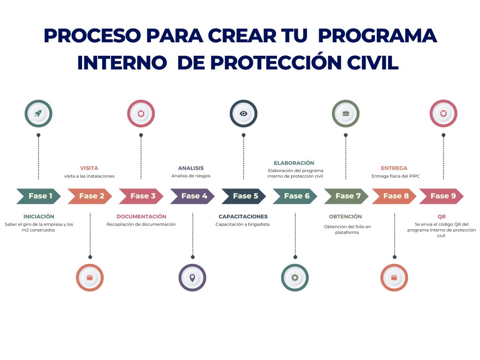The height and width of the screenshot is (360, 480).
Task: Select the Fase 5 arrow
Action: [243, 196]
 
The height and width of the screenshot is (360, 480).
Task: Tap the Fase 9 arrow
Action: [441, 196]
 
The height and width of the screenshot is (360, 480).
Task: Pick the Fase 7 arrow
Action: [346, 196]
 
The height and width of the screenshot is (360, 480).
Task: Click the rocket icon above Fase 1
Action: [38, 113]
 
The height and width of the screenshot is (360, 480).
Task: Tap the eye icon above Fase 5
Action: [243, 113]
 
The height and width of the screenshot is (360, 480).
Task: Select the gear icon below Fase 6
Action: [295, 277]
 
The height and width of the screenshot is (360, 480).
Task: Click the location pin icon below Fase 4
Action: [192, 277]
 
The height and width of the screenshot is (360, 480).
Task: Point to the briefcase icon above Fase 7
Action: [346, 113]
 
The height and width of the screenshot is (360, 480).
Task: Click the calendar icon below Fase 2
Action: [90, 277]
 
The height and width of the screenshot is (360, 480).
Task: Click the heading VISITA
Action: [89, 168]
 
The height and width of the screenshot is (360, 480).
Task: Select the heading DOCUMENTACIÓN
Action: [141, 217]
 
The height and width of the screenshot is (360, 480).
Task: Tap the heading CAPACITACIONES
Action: [243, 217]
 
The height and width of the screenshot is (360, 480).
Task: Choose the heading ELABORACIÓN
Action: [294, 163]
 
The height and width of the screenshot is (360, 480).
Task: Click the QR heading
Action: [441, 217]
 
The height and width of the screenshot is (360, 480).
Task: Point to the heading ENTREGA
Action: [394, 168]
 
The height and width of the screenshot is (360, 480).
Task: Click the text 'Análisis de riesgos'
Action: [191, 176]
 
